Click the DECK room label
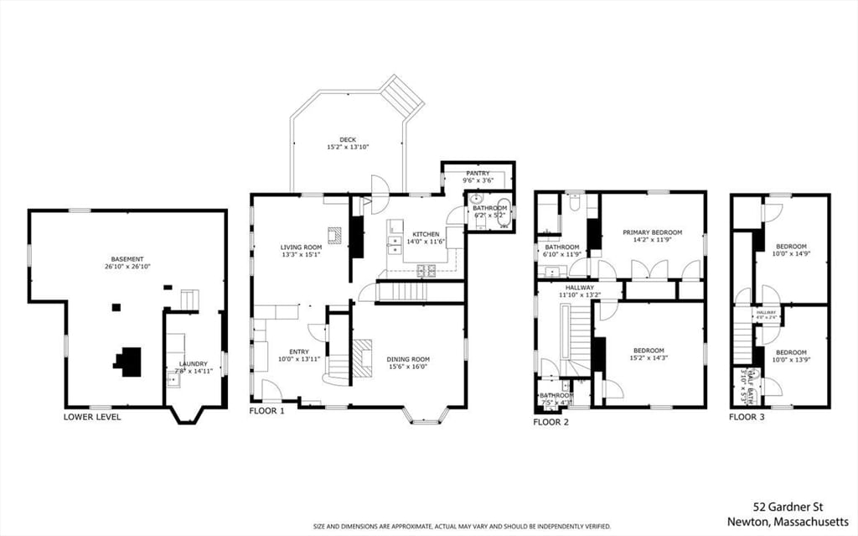click(348, 140)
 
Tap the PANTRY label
click(478, 174)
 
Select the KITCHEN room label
click(426, 234)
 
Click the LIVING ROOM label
click(301, 247)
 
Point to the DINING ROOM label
click(408, 360)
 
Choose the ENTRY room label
click(299, 351)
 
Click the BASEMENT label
click(127, 259)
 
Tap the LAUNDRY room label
click(193, 364)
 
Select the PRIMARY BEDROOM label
click(652, 232)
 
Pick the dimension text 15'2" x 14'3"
click(649, 358)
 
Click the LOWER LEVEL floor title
click(92, 417)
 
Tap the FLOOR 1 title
click(267, 412)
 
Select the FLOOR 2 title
click(551, 422)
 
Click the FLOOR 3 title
click(747, 417)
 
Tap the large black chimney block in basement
click(128, 361)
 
